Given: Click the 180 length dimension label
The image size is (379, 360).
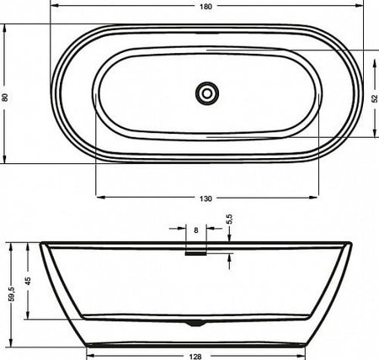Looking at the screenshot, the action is coord(206,7).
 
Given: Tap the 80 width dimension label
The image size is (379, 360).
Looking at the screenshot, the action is coord(5,98).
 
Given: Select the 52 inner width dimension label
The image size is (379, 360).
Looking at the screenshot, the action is coord(375,98).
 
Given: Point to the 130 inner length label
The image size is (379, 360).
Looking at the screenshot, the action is coord(206,199).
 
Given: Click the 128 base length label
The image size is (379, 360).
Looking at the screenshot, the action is coord(195,357).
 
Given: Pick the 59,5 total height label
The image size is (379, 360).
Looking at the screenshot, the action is coord(12,294).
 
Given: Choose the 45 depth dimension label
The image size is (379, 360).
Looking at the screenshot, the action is coord(28,281).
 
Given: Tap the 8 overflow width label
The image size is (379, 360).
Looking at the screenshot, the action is coord(196,230).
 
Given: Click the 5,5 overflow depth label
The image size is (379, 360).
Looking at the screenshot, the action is coord(229,220).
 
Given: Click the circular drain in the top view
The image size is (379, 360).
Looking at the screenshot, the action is coord(207,93).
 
